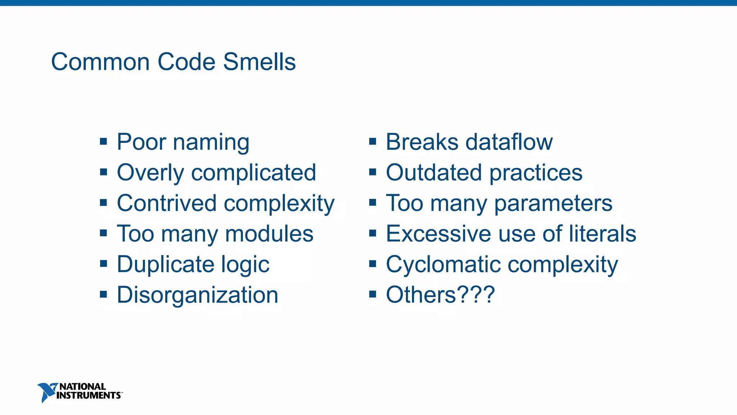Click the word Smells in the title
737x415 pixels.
(259, 62)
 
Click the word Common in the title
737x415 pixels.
(100, 62)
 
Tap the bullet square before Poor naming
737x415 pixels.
(104, 141)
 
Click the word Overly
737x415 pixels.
(150, 173)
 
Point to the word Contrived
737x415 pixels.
(167, 203)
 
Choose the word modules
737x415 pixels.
(269, 234)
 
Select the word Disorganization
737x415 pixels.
(198, 295)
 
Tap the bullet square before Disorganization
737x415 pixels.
(104, 294)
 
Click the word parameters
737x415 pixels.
(553, 204)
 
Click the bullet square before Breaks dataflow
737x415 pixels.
(373, 141)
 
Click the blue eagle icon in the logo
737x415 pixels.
(47, 392)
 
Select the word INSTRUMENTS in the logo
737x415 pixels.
(89, 396)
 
